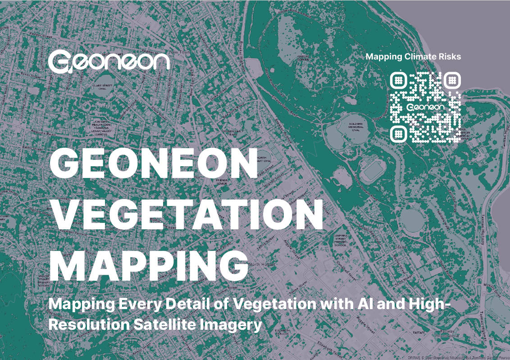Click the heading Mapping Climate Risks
[x=413, y=57]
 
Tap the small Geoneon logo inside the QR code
[x=425, y=108]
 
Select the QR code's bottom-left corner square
[x=398, y=133]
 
